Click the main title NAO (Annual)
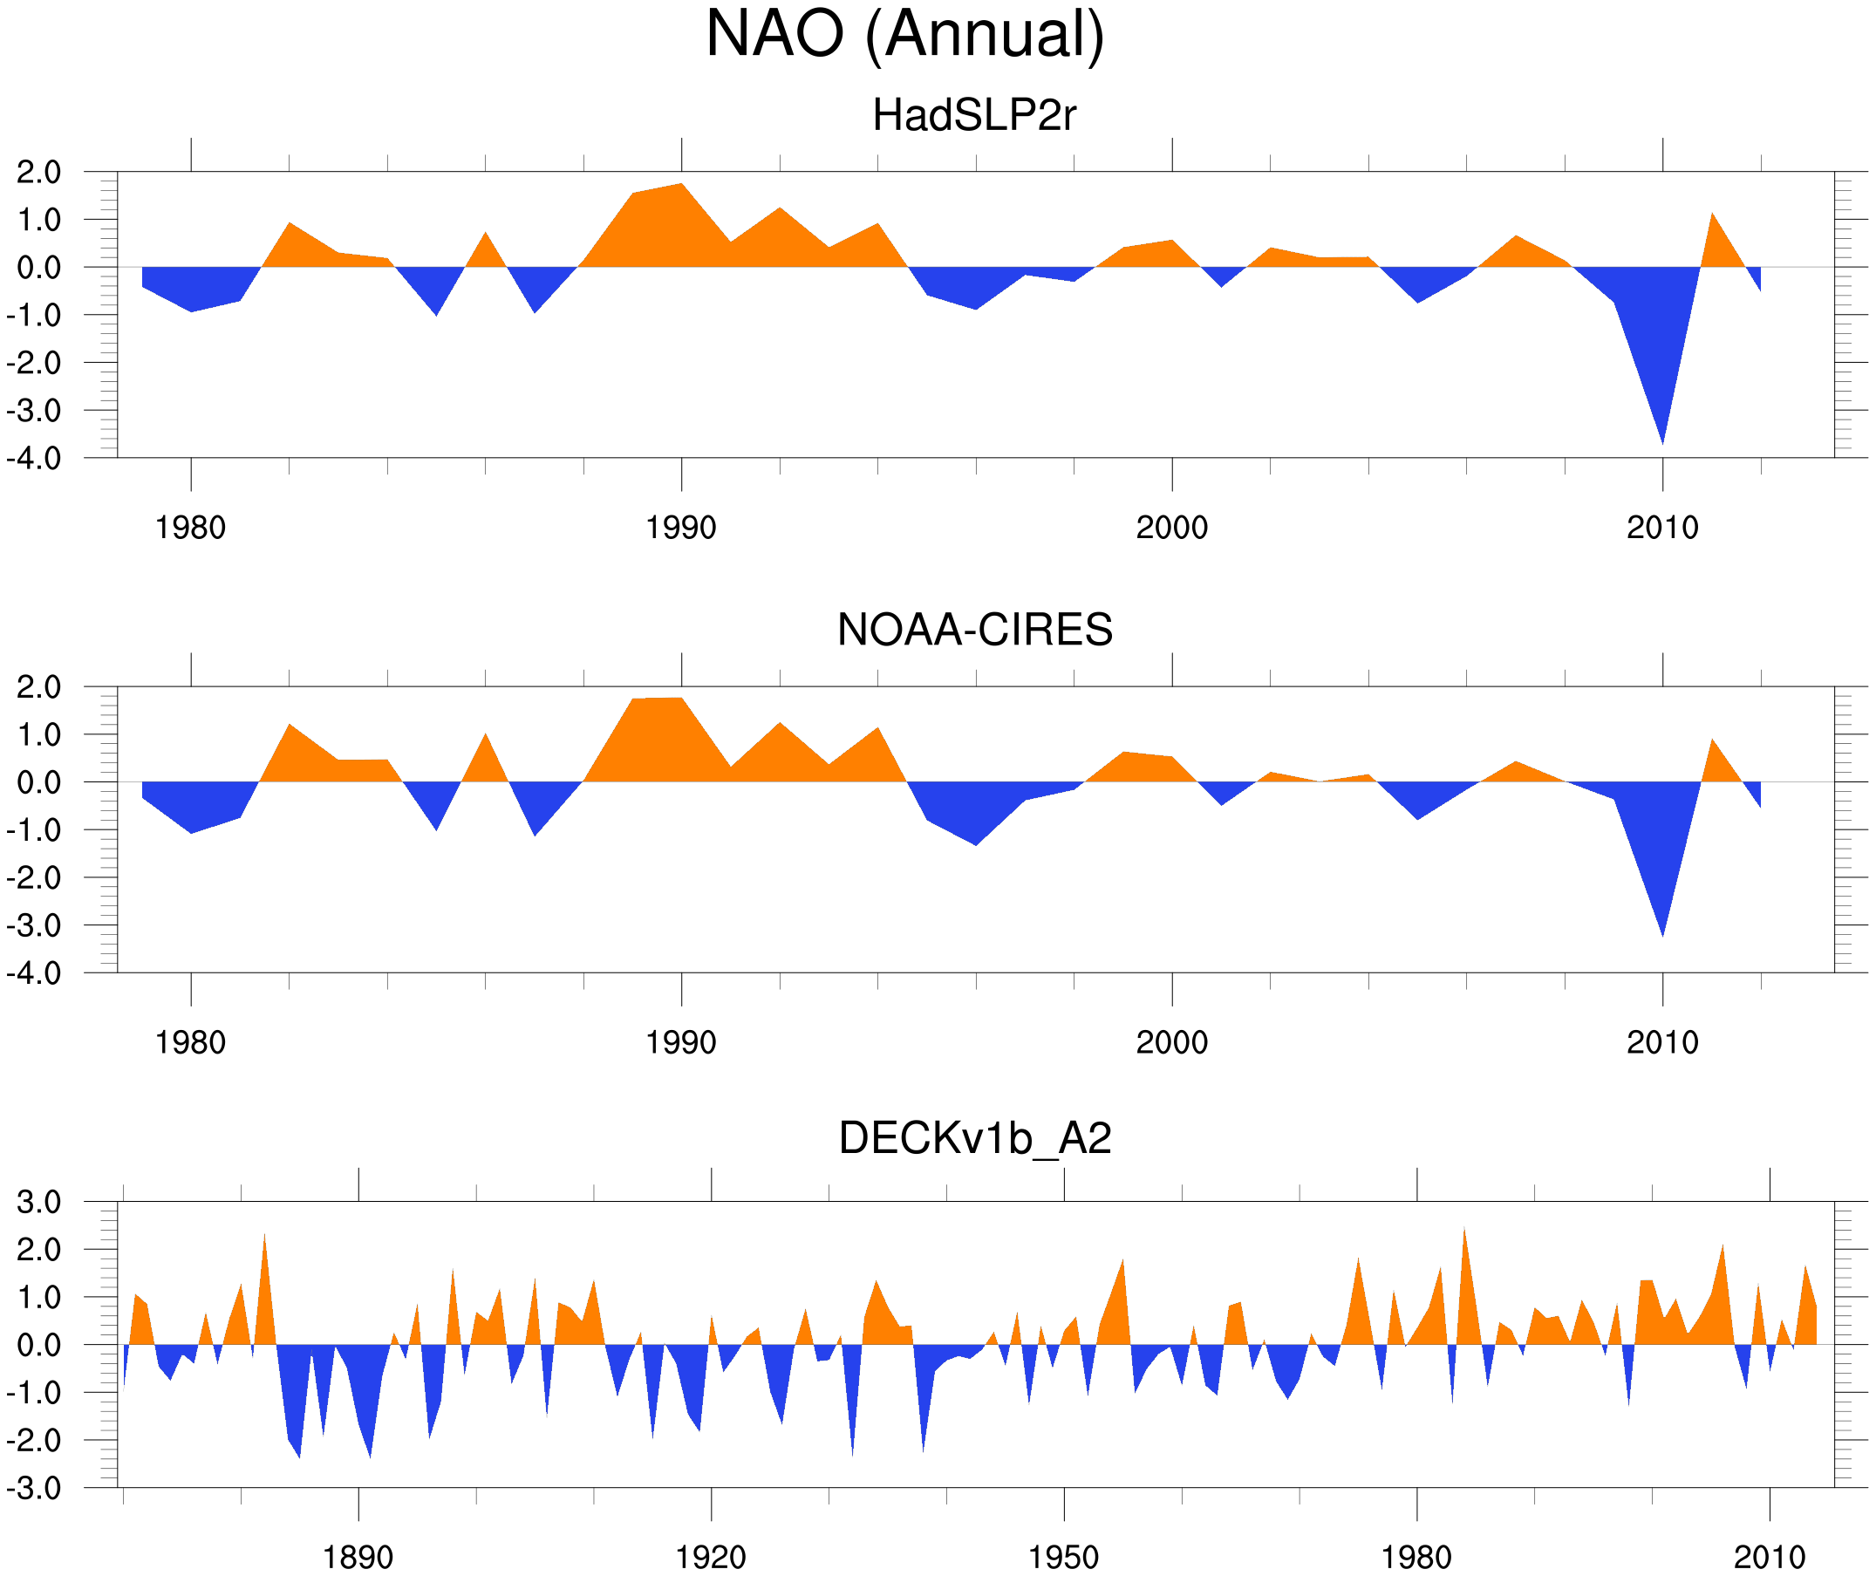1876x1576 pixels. click(x=904, y=34)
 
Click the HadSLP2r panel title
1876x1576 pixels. click(x=974, y=115)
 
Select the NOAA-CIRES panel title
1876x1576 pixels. click(x=974, y=630)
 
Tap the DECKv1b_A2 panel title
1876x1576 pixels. click(x=974, y=1138)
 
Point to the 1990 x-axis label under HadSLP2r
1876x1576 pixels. click(x=681, y=528)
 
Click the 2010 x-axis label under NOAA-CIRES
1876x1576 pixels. click(x=1661, y=1042)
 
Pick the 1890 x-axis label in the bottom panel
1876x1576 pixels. click(x=358, y=1557)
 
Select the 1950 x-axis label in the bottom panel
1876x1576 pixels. click(x=1063, y=1557)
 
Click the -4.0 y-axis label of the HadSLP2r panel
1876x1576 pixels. click(x=34, y=459)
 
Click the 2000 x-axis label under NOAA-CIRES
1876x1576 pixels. click(x=1171, y=1042)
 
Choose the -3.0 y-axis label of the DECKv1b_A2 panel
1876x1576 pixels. click(x=34, y=1489)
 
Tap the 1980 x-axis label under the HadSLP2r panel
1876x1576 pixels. click(x=190, y=528)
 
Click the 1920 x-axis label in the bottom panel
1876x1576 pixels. click(x=710, y=1557)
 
